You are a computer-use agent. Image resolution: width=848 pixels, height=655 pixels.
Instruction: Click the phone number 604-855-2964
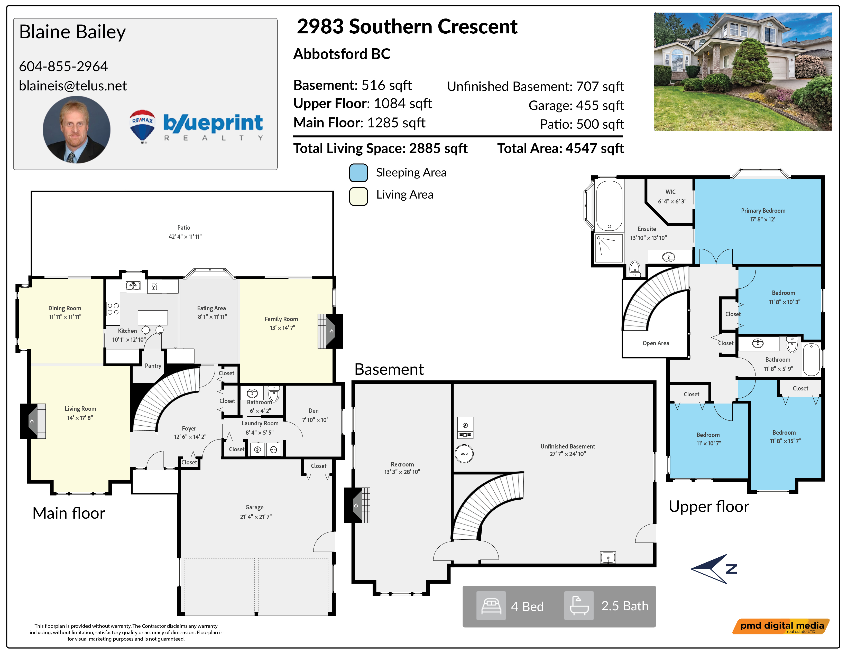click(63, 66)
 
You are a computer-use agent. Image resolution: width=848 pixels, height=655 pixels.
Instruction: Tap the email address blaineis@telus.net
click(73, 86)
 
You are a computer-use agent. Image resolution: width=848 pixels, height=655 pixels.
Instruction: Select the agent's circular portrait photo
click(77, 130)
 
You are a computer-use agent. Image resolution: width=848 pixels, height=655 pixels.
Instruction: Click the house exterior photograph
click(743, 72)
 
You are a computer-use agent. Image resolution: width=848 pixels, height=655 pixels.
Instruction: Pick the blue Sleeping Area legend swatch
click(358, 173)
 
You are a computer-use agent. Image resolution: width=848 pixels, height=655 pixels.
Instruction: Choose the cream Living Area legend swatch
click(358, 196)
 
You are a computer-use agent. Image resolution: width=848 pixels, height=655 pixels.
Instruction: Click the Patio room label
click(184, 227)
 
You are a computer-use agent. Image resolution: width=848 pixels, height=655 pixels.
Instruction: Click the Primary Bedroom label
click(763, 211)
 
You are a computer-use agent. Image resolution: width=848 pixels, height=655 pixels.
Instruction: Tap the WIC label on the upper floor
click(670, 192)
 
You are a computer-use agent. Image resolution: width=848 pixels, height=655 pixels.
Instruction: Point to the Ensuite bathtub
click(610, 206)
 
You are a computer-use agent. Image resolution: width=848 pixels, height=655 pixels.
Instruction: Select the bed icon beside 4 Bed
click(491, 606)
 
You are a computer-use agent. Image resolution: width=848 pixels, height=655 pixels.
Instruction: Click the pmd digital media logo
click(781, 626)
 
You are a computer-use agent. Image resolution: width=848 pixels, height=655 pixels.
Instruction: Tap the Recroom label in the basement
click(402, 464)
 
